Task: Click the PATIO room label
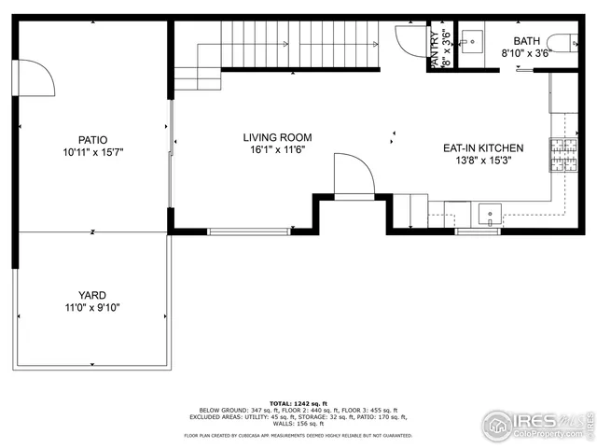point(91,139)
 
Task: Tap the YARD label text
point(91,295)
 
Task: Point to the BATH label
point(525,40)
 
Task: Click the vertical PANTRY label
point(435,48)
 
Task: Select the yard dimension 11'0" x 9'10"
point(91,307)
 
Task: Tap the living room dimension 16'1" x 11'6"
point(278,149)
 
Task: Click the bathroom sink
point(472,40)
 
